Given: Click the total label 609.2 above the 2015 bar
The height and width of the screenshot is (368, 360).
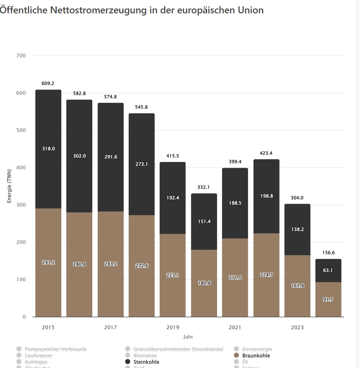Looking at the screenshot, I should [48, 83].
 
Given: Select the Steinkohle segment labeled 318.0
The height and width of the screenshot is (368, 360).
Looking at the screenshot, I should [48, 149].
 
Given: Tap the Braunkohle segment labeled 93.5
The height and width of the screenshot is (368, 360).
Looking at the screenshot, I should [328, 299].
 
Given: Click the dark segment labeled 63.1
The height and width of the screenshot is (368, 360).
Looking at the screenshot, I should [328, 270].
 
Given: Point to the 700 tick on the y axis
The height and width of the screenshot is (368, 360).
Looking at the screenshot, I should [21, 56].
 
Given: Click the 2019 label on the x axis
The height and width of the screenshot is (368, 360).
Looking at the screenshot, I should [173, 327].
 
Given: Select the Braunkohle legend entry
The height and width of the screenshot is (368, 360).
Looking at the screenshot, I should [256, 356].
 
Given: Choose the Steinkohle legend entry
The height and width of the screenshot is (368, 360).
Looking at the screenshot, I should [146, 362].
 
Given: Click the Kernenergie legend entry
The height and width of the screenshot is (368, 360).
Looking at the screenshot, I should [257, 349].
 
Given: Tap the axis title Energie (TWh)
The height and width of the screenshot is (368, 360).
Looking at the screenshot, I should [9, 186].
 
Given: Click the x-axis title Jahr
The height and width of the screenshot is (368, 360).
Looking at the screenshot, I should [188, 337].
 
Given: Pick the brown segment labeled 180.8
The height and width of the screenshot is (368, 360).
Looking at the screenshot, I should [204, 283].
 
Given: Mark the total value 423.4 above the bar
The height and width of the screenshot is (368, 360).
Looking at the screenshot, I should [266, 153].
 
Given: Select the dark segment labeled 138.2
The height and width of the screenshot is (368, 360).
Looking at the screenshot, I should [297, 229].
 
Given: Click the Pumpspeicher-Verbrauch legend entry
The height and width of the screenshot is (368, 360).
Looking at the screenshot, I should [55, 349].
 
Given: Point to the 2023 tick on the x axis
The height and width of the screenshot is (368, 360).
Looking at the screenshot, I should [297, 327].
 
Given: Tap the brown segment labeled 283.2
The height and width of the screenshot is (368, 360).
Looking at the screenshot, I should [110, 264].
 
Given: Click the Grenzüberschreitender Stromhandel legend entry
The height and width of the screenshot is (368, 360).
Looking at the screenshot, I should [178, 349].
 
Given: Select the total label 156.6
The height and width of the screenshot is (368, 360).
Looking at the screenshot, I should [328, 253].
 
